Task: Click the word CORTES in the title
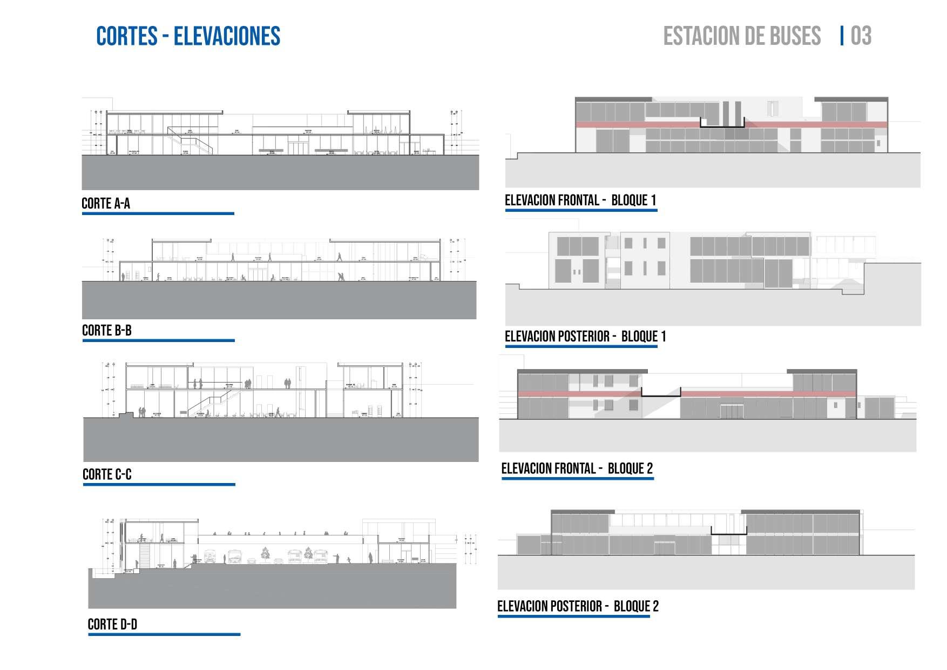click(x=127, y=36)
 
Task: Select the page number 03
click(x=861, y=36)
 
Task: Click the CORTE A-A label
click(x=106, y=204)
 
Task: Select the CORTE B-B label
click(x=107, y=331)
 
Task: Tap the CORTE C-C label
click(x=107, y=475)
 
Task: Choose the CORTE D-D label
click(x=112, y=625)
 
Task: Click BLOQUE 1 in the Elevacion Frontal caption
click(x=633, y=200)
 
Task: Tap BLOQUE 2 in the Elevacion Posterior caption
click(x=636, y=606)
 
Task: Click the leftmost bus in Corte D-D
click(x=209, y=557)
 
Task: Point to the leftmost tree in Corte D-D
click(x=266, y=554)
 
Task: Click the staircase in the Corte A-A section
click(x=190, y=142)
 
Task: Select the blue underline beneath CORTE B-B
click(x=158, y=340)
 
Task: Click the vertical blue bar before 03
click(x=842, y=36)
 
